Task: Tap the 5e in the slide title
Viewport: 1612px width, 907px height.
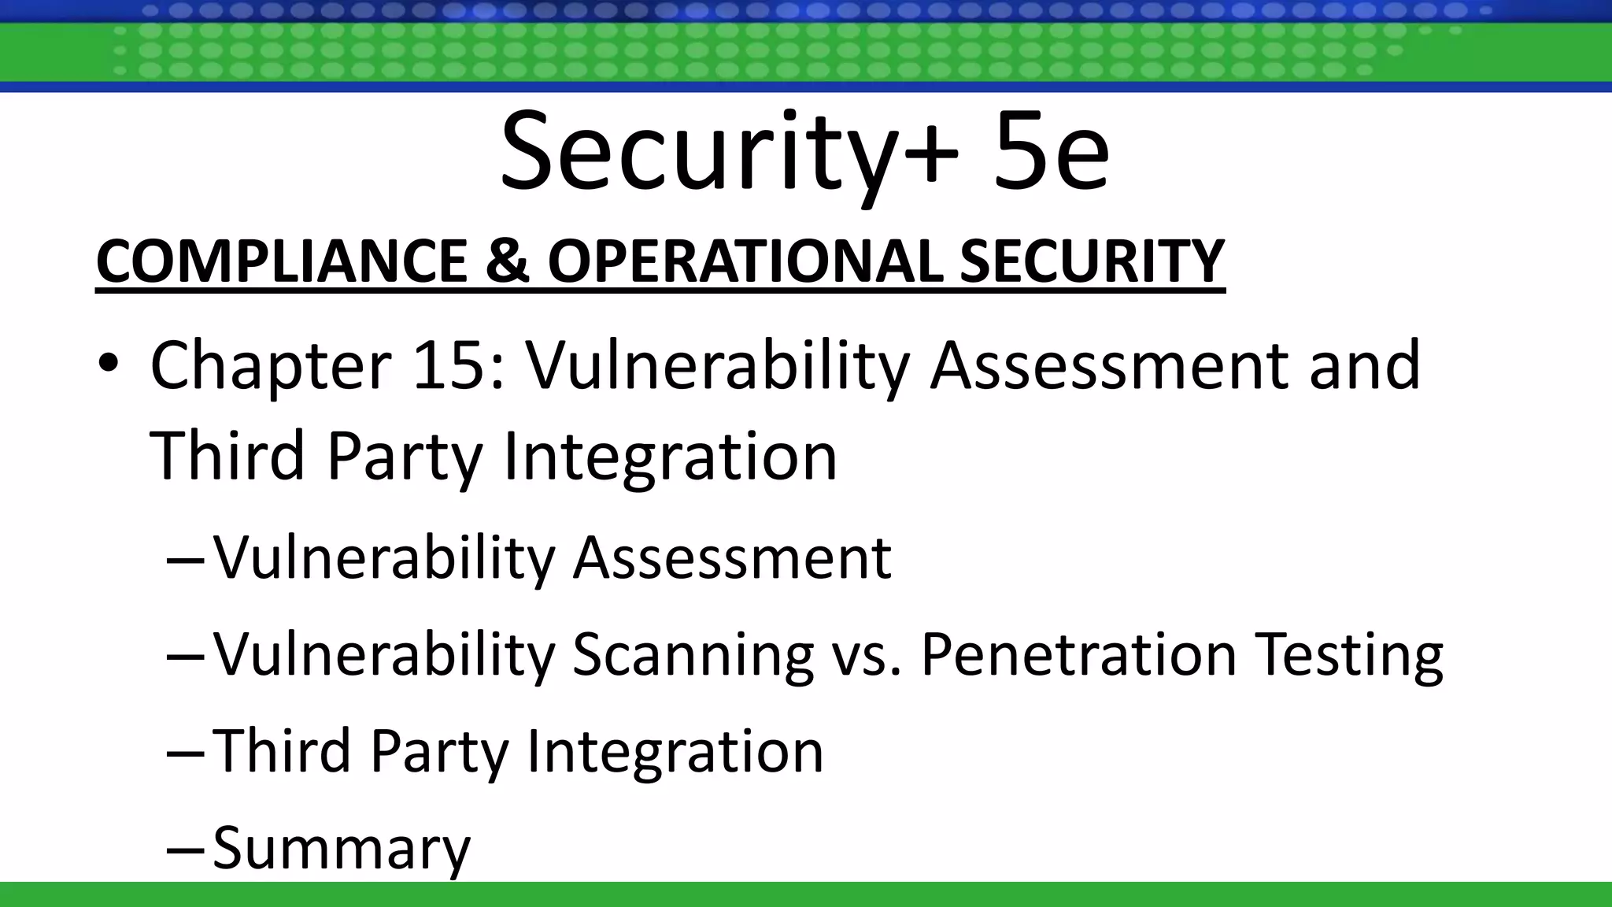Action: (x=1051, y=151)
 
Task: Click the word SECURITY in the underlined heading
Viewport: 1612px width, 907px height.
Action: (x=1092, y=261)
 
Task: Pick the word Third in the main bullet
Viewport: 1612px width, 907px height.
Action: (x=227, y=456)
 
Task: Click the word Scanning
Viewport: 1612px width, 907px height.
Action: (x=693, y=655)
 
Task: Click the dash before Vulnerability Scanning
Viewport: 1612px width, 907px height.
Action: (x=185, y=656)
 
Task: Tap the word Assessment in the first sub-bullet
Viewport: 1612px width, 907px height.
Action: (x=732, y=558)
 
